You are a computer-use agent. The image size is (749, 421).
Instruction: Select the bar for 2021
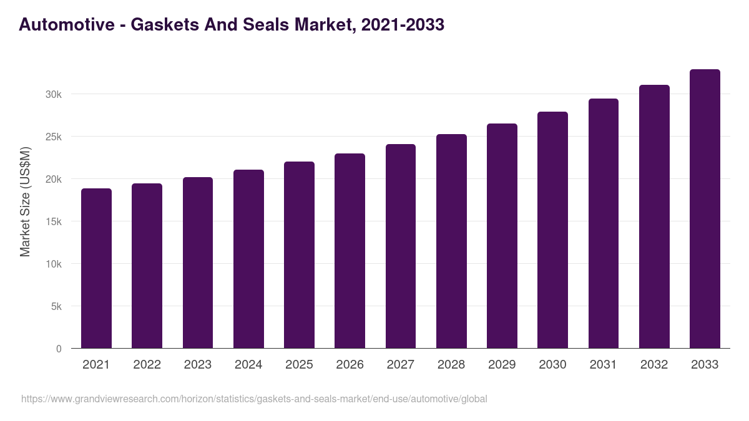click(96, 268)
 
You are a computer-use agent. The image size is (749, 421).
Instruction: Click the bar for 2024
click(248, 259)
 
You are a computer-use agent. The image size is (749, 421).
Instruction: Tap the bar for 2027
click(401, 246)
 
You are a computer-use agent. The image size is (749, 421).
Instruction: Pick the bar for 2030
click(552, 230)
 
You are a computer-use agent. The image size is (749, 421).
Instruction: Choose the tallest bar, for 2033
click(705, 209)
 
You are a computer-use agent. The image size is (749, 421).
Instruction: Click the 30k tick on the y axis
click(52, 94)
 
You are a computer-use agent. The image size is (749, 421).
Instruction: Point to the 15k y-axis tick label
click(52, 221)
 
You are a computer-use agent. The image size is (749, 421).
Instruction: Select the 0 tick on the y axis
click(59, 349)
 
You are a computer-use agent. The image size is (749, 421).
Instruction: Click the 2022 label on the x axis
click(147, 365)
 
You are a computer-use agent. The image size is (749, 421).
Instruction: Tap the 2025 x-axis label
click(299, 365)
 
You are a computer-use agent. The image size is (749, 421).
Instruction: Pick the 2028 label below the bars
click(451, 365)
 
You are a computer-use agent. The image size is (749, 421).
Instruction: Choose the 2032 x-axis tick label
click(654, 365)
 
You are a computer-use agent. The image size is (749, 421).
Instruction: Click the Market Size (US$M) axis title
click(25, 201)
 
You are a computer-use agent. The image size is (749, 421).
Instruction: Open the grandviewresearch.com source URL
click(254, 399)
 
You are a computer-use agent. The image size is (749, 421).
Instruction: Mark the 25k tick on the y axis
click(52, 137)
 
